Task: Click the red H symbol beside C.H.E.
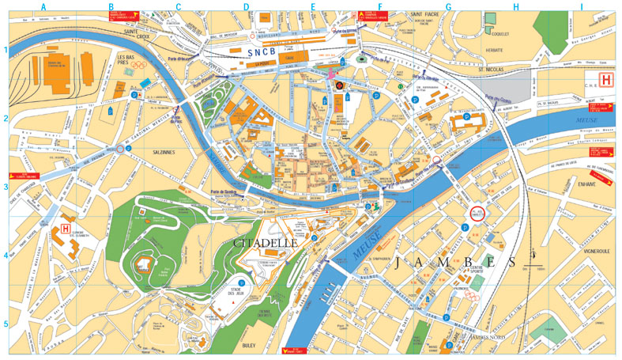[606, 80]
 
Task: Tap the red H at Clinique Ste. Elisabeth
[65, 229]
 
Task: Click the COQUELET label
[499, 35]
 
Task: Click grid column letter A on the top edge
[43, 7]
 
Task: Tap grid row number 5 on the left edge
[6, 324]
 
